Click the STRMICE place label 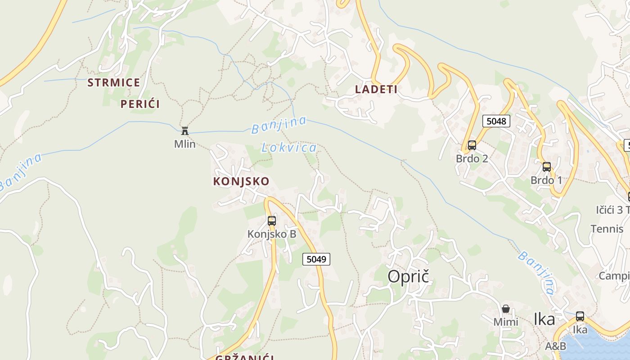pyautogui.click(x=114, y=82)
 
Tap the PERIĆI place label pyautogui.click(x=140, y=104)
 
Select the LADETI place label pyautogui.click(x=376, y=89)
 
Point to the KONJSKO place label pyautogui.click(x=241, y=181)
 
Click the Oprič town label pyautogui.click(x=409, y=277)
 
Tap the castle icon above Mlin pyautogui.click(x=184, y=131)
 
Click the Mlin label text pyautogui.click(x=185, y=144)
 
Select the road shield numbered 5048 pyautogui.click(x=496, y=121)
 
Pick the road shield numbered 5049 pyautogui.click(x=316, y=259)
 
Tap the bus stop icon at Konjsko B pyautogui.click(x=272, y=220)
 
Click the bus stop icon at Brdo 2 pyautogui.click(x=472, y=145)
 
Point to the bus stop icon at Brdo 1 pyautogui.click(x=547, y=167)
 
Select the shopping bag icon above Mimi pyautogui.click(x=506, y=309)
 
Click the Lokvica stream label pyautogui.click(x=289, y=147)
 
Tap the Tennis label pyautogui.click(x=607, y=229)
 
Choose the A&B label pyautogui.click(x=555, y=346)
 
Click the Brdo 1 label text pyautogui.click(x=546, y=180)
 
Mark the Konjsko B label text pyautogui.click(x=272, y=234)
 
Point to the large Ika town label pyautogui.click(x=544, y=319)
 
